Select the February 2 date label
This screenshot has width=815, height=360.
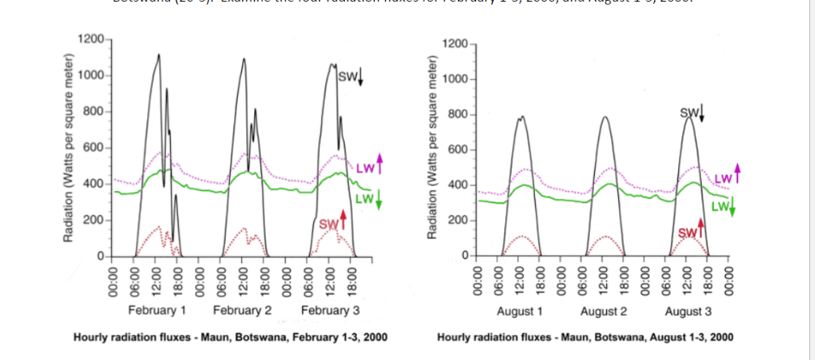pos(242,310)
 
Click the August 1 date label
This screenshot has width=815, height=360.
pos(519,311)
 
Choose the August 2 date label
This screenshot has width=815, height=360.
pos(604,311)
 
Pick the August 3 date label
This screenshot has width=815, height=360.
pos(689,311)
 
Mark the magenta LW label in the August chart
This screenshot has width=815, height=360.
pos(724,176)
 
